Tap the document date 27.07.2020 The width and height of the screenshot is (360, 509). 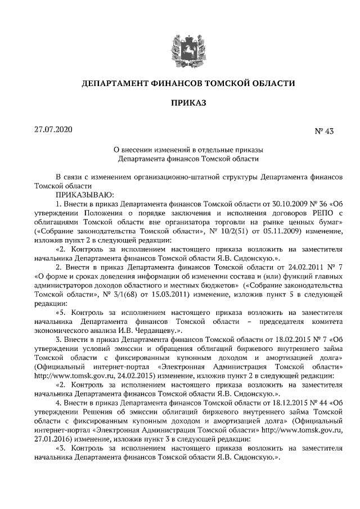[53, 130]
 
